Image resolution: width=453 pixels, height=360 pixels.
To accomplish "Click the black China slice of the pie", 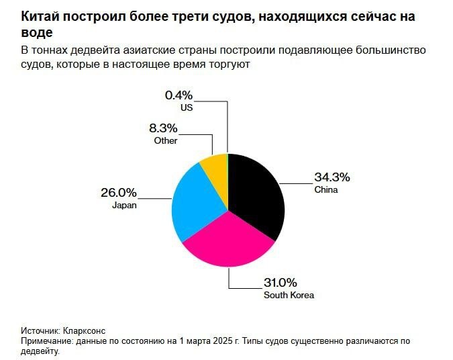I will (258, 195).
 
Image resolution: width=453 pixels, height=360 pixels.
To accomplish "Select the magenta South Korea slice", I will (228, 245).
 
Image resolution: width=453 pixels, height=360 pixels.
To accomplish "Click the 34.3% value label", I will (332, 178).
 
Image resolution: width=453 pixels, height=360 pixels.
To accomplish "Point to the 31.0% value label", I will (281, 282).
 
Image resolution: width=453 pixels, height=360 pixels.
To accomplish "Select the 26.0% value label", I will (119, 193).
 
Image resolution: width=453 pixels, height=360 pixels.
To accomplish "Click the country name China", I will (326, 190).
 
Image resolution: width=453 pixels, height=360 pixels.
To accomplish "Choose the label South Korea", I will (289, 295).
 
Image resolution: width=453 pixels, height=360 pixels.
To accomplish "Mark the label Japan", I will (124, 206).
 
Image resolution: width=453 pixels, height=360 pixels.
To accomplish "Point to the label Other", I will (166, 140).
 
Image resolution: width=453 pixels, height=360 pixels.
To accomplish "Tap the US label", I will (186, 107).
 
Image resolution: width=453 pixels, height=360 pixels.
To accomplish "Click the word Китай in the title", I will (40, 16).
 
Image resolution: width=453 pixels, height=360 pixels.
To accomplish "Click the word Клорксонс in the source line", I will (83, 331).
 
